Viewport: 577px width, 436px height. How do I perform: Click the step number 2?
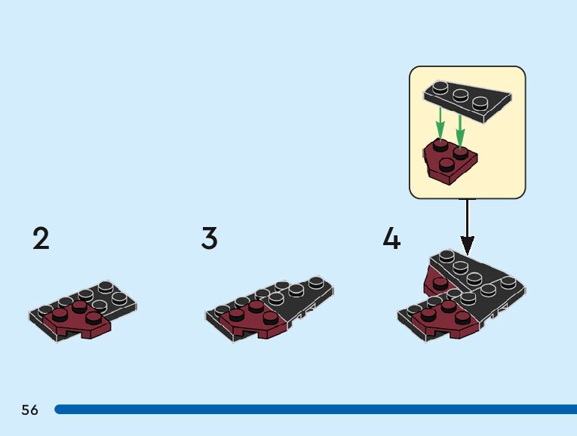point(41,238)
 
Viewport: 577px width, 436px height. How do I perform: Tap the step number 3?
point(209,238)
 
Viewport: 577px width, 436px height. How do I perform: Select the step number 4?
point(391,238)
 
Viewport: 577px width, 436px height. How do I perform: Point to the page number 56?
point(29,410)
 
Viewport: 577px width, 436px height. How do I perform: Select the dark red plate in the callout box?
point(450,159)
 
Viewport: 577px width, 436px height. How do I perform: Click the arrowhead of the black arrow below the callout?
point(467,246)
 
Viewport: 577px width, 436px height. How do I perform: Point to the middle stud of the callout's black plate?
point(459,94)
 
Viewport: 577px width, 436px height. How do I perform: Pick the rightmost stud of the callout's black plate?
point(479,100)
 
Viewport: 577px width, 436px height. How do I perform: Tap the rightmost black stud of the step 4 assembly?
point(511,282)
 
